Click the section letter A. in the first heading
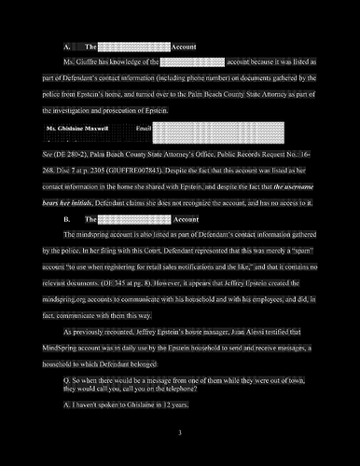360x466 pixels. (67, 46)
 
